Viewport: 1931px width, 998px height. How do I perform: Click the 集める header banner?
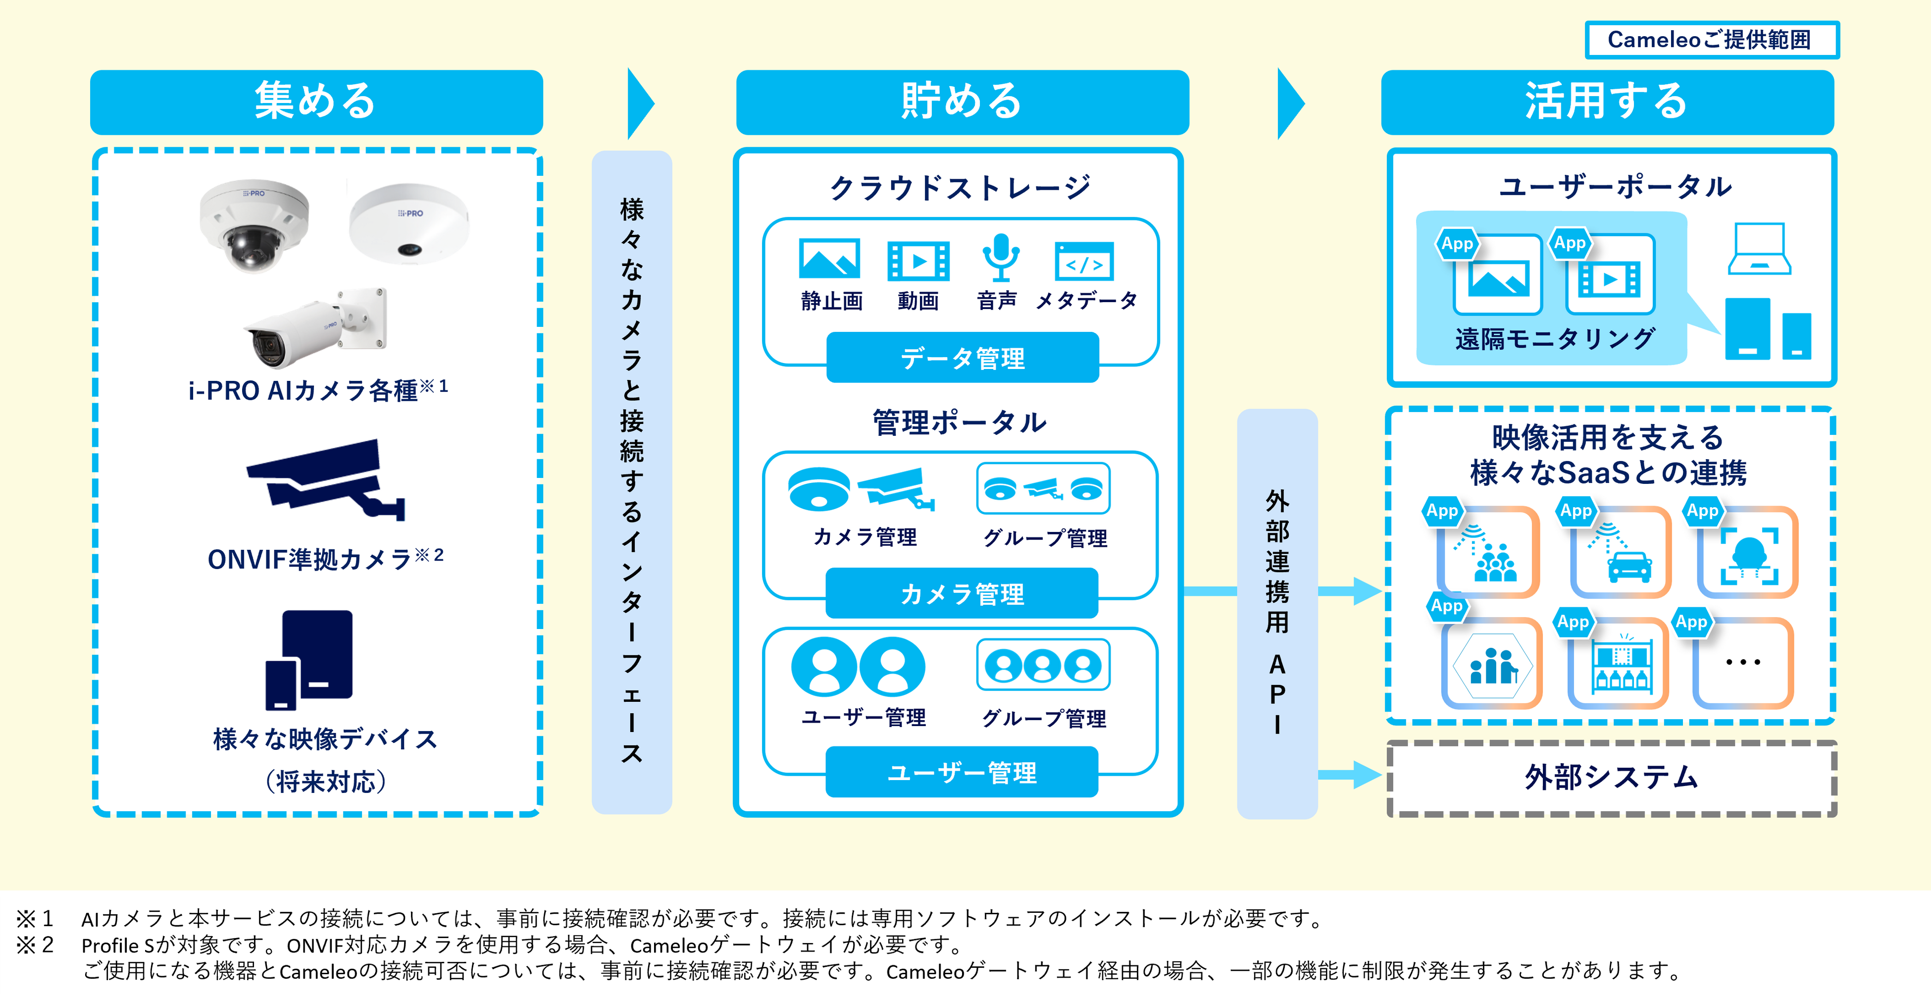pos(316,102)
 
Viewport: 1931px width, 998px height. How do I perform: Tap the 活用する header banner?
pos(1607,102)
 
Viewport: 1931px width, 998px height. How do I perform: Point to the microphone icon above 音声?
pos(1001,257)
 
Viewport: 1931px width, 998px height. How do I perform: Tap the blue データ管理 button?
pos(963,358)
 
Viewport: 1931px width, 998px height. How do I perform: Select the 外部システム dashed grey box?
pos(1612,778)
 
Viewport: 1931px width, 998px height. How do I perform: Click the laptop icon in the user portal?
pos(1759,249)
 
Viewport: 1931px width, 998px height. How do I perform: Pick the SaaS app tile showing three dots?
pos(1743,663)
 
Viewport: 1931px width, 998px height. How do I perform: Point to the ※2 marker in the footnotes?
pos(35,944)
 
